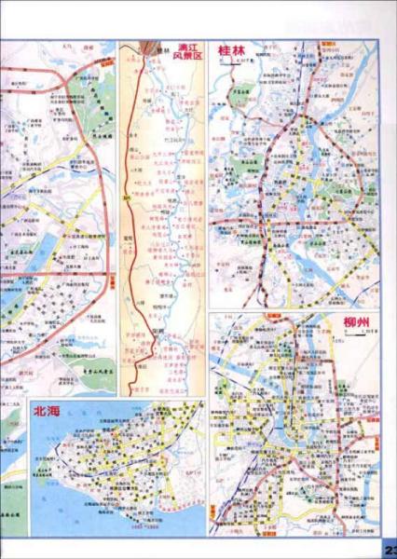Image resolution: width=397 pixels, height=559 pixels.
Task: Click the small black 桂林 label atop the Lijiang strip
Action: tap(159, 50)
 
